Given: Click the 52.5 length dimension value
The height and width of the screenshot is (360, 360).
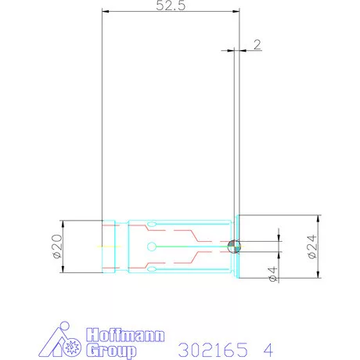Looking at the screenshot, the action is tap(171, 5).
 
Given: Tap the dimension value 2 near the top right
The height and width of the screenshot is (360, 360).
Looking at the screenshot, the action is tap(257, 45).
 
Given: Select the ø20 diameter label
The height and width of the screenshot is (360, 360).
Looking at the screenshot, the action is tap(57, 247).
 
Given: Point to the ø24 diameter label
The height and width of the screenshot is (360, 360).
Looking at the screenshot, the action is tap(312, 247).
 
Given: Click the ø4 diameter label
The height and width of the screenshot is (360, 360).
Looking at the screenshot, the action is tap(272, 274).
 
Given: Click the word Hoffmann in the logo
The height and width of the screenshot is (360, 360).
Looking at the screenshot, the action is tap(125, 335).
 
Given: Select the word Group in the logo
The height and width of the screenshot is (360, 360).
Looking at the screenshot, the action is tap(111, 351).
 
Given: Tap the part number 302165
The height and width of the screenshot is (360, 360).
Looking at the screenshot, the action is tap(213, 350).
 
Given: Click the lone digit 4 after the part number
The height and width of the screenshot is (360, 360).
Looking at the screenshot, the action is tap(268, 350).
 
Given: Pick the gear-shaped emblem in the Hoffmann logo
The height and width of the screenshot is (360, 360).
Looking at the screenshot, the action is tap(71, 347).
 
